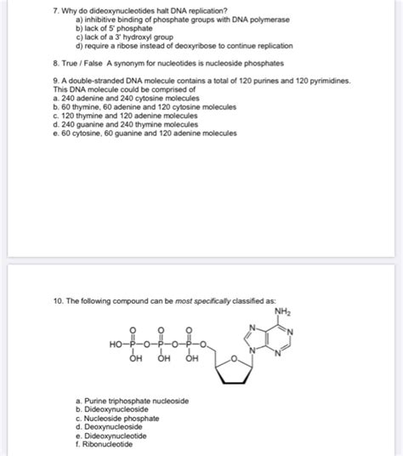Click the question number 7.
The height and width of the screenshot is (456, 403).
54,9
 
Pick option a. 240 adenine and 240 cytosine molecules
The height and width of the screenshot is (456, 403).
119,96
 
